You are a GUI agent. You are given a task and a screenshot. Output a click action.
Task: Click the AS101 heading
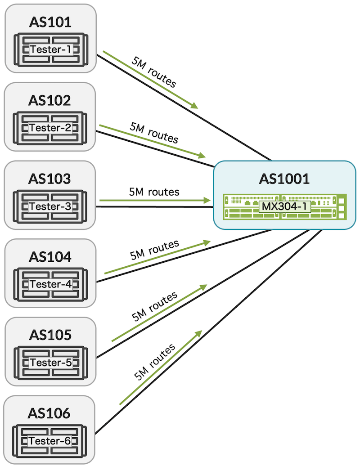click(50, 22)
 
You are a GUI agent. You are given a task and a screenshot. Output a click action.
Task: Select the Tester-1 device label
click(50, 49)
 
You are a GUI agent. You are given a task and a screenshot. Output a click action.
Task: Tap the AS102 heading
click(50, 100)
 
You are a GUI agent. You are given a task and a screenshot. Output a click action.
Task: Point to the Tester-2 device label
click(50, 128)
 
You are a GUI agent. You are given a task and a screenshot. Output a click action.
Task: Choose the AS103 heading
click(50, 179)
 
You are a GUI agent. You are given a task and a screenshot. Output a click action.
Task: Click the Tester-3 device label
click(50, 206)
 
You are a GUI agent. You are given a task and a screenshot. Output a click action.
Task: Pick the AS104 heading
click(50, 257)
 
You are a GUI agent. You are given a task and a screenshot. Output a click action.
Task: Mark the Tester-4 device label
click(50, 284)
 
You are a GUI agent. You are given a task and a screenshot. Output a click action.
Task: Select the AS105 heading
click(50, 335)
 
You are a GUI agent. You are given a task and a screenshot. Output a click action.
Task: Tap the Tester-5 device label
click(50, 363)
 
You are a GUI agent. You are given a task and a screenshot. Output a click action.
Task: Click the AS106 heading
click(50, 413)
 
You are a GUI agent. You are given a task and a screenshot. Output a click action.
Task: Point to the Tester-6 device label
click(50, 441)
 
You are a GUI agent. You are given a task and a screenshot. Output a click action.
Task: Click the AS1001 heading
click(284, 179)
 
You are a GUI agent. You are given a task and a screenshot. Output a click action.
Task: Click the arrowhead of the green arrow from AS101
click(194, 106)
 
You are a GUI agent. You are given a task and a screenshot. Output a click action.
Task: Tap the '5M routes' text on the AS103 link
click(154, 192)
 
